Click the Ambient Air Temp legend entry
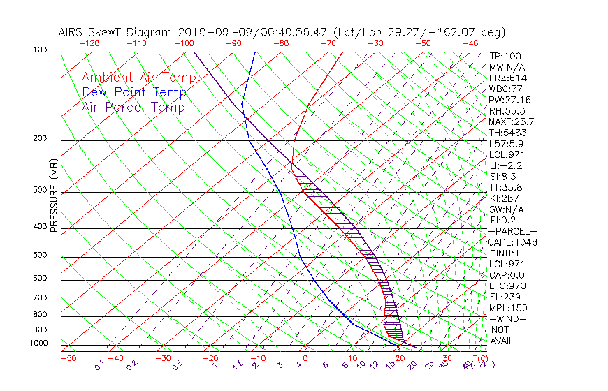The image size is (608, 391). click(134, 78)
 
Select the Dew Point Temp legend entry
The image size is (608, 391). click(134, 92)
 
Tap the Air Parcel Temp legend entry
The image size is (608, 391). click(133, 107)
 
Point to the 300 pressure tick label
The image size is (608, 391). click(41, 190)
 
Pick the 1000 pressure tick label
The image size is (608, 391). click(38, 344)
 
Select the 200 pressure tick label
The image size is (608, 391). click(41, 138)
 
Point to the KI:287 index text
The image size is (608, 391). click(505, 198)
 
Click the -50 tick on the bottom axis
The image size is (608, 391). click(68, 358)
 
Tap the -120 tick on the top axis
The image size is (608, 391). click(90, 43)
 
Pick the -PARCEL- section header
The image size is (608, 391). click(513, 231)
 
